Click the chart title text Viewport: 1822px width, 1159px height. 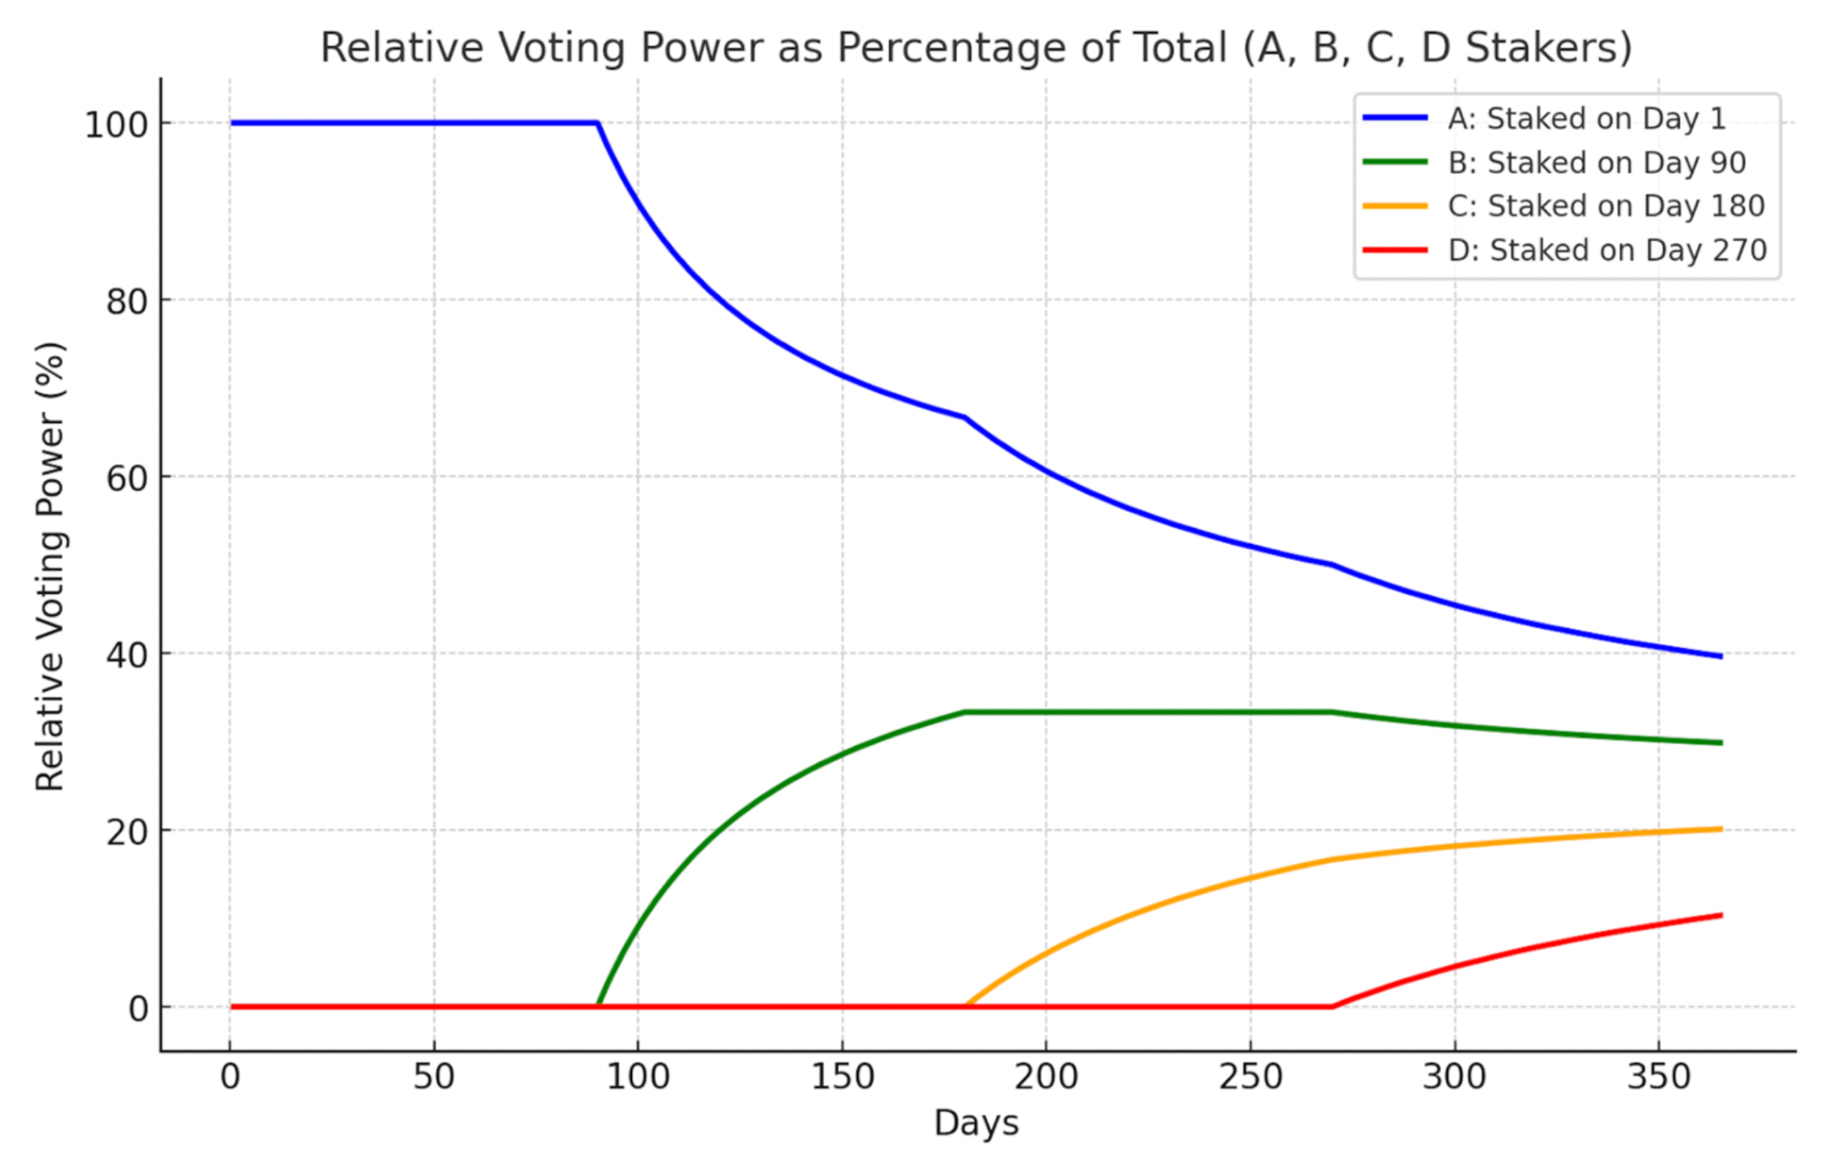tap(976, 47)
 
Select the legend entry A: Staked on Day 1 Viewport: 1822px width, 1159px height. tap(1586, 119)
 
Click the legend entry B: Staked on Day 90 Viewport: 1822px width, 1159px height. tap(1597, 163)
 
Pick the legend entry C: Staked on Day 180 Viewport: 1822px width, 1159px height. tap(1606, 206)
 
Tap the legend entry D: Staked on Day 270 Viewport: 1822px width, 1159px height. tap(1607, 251)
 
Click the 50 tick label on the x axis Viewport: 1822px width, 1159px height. tap(434, 1077)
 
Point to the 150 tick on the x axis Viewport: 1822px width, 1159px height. tap(842, 1077)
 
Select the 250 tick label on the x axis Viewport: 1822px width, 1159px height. tap(1250, 1077)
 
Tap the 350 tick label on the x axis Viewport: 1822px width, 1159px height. tap(1658, 1077)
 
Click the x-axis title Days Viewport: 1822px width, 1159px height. tap(976, 1123)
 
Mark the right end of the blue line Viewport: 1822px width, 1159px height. tap(1721, 656)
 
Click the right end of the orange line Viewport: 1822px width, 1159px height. tap(1721, 829)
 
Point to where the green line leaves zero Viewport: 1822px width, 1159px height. tap(598, 1006)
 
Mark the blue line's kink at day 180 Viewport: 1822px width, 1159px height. tap(965, 417)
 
